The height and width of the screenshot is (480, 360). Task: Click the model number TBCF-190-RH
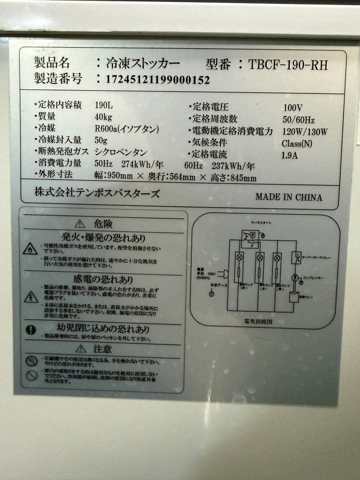click(x=288, y=65)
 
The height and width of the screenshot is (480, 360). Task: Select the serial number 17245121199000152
click(x=158, y=80)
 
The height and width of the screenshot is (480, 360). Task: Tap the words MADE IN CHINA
click(x=289, y=197)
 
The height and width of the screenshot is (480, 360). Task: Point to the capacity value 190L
click(x=104, y=106)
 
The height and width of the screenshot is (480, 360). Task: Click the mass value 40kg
click(x=104, y=117)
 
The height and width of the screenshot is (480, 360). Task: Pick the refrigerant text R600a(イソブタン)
click(x=127, y=129)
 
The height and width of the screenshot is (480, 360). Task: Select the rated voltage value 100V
click(x=292, y=108)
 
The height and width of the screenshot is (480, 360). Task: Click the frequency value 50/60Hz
click(x=298, y=120)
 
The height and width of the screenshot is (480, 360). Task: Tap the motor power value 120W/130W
click(x=305, y=132)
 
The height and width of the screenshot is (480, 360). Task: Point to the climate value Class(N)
click(x=297, y=144)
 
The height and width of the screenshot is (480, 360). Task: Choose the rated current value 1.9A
click(x=289, y=156)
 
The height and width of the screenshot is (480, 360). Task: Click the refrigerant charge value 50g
click(x=101, y=140)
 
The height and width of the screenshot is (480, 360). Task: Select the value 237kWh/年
click(x=233, y=166)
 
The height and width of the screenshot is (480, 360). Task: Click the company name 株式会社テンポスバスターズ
click(x=97, y=193)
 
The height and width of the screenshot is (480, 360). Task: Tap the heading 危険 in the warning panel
click(x=103, y=224)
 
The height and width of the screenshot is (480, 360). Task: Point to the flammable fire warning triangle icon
click(x=30, y=249)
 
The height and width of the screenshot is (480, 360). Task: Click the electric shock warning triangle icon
click(x=30, y=297)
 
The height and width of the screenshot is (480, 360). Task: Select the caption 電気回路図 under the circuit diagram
click(x=258, y=321)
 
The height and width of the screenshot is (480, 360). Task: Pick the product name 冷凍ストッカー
click(x=143, y=64)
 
